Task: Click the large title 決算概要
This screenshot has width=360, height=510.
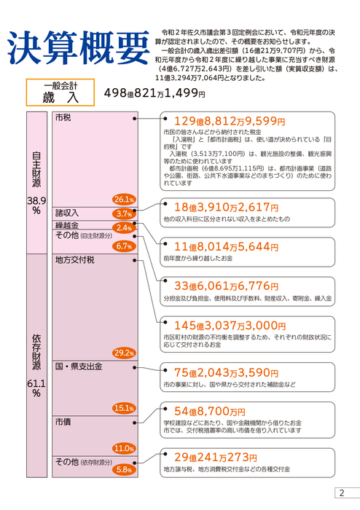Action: coord(78,47)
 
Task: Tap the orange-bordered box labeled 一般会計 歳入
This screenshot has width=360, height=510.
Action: coord(60,93)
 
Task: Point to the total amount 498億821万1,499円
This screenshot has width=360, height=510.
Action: coord(154,93)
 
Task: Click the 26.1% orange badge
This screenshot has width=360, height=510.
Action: coord(124,200)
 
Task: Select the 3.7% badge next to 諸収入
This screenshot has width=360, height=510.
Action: coord(124,213)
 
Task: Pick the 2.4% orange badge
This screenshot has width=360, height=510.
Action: coord(124,227)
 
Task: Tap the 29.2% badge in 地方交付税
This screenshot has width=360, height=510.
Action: coord(124,353)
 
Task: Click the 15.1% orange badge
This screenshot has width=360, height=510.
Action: coord(124,408)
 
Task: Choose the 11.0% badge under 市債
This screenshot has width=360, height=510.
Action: coord(124,449)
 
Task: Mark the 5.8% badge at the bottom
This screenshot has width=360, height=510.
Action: coord(124,470)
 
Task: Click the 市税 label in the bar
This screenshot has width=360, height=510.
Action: coord(63,117)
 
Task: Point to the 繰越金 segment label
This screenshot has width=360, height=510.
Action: coord(67,225)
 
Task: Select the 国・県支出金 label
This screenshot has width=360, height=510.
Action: coord(79,366)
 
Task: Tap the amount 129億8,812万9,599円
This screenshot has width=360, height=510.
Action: coord(230,122)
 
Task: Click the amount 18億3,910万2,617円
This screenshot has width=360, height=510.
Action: coord(227,207)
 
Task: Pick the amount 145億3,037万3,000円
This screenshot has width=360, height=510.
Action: coord(230,325)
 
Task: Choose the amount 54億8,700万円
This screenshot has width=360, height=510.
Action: coord(210,412)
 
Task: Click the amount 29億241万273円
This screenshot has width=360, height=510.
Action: coord(216,458)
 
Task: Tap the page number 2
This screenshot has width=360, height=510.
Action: coord(342,493)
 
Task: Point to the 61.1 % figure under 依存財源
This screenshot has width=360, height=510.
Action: coord(36,388)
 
